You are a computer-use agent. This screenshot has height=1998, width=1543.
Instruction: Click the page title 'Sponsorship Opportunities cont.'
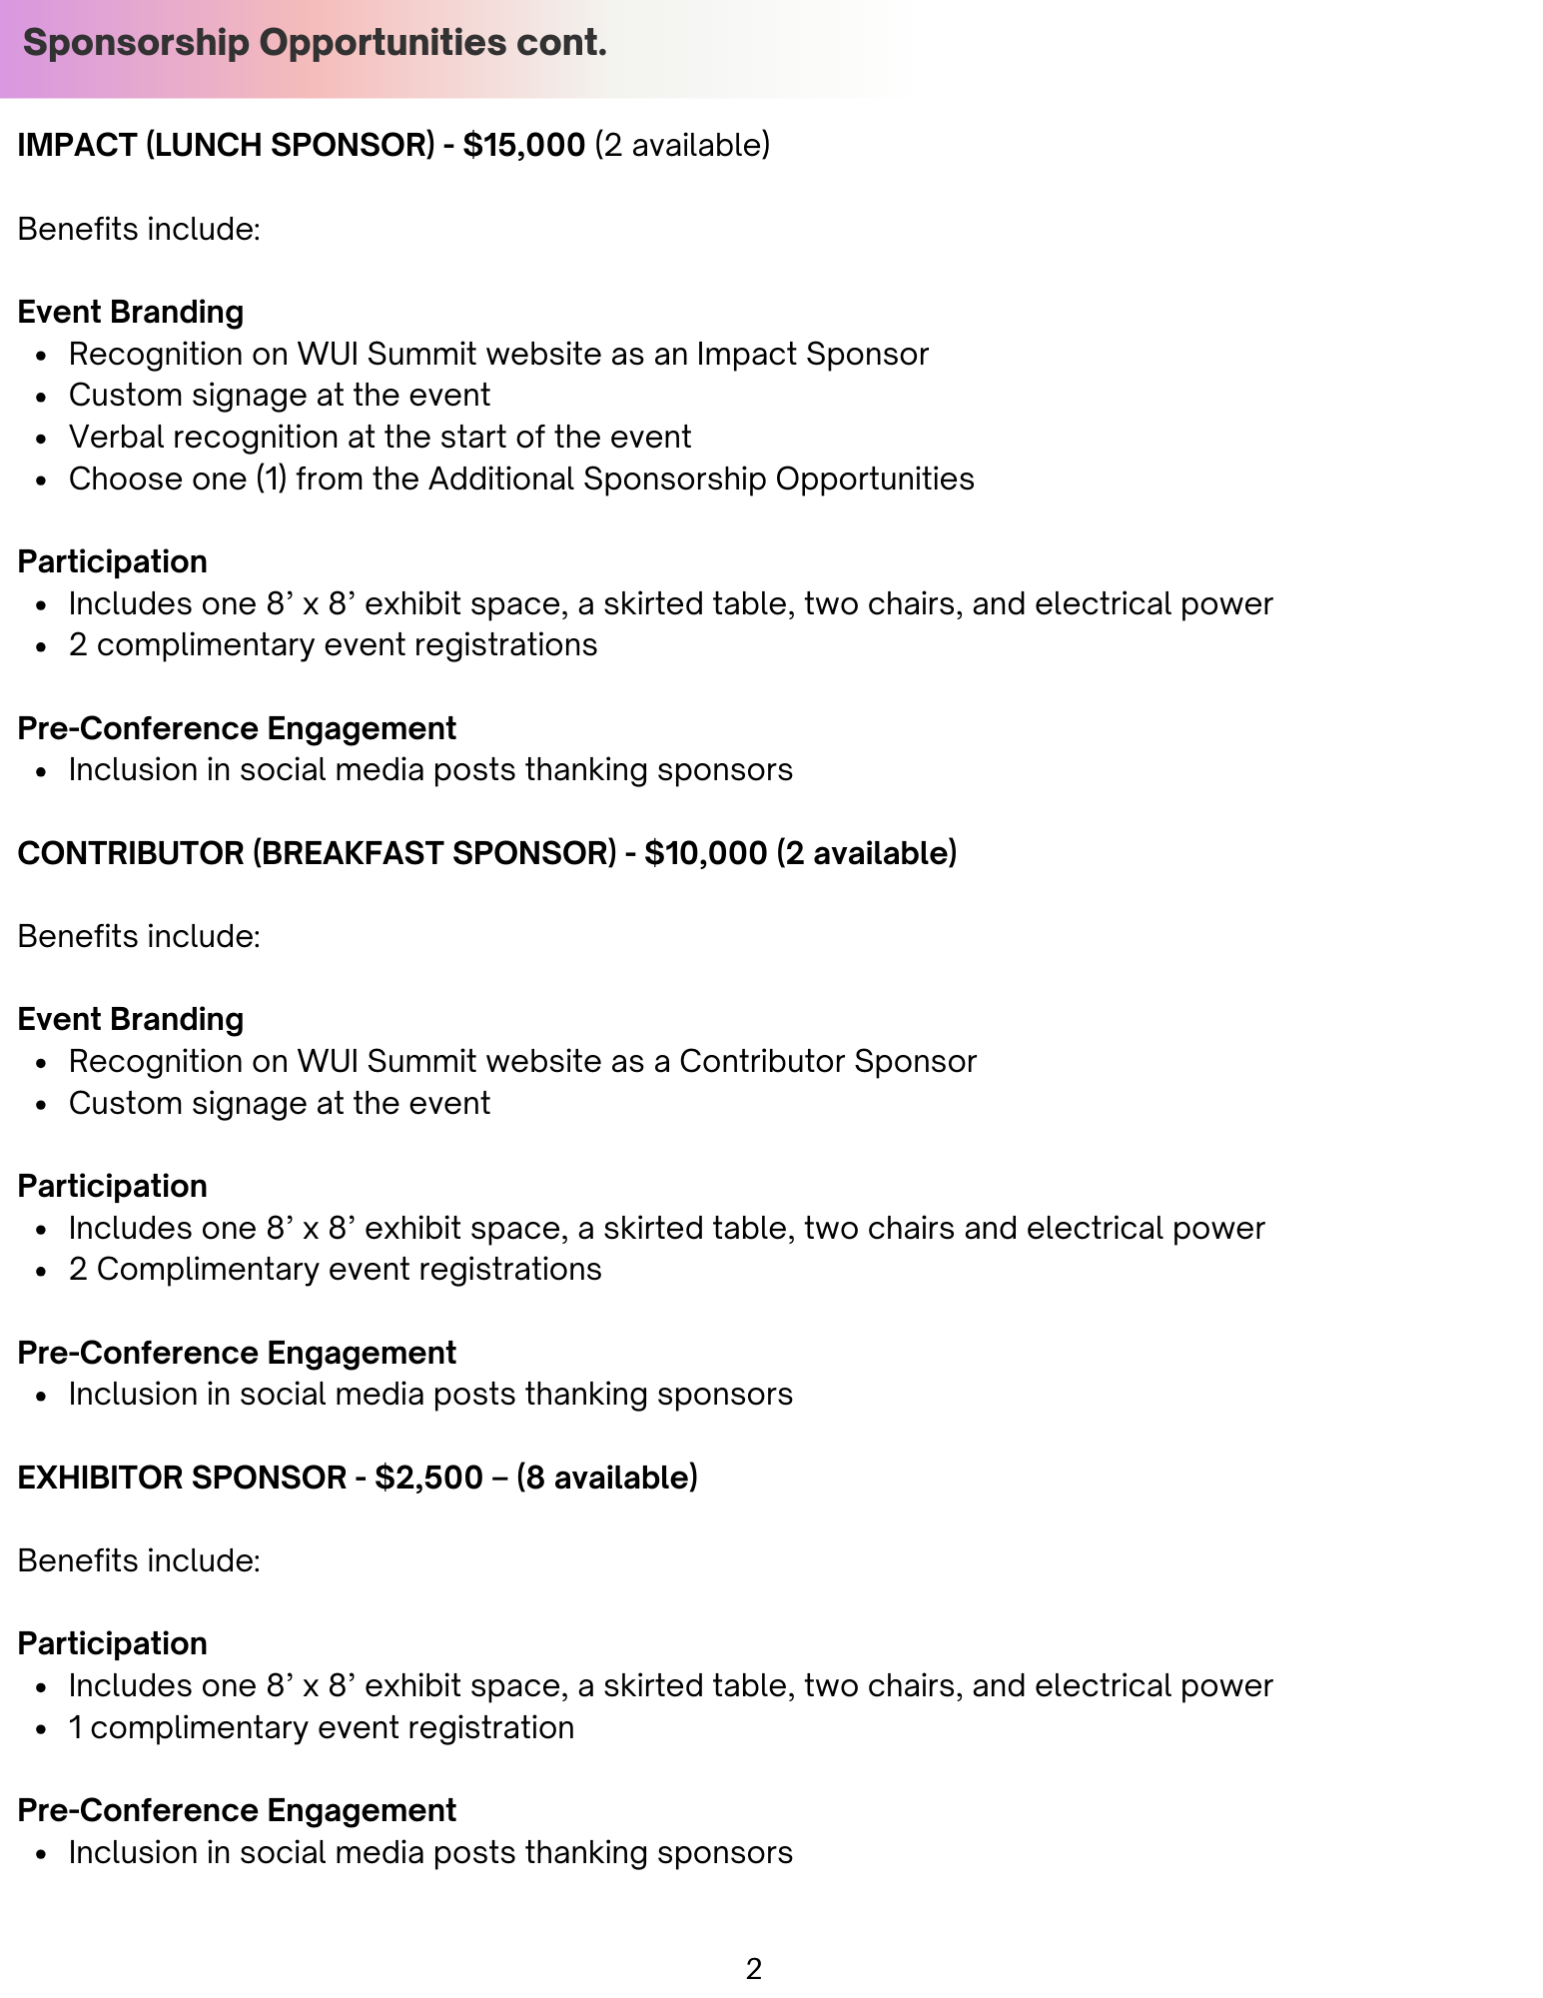pos(315,43)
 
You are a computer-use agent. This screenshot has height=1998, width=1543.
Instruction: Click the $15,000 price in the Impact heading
pos(523,146)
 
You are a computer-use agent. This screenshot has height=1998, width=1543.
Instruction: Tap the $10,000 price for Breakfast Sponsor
pos(705,853)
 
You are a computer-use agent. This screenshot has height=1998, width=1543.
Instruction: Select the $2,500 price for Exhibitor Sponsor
pos(428,1478)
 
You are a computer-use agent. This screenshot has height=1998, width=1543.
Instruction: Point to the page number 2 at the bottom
pos(754,1969)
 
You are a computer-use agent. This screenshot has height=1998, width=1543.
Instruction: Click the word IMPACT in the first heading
pos(77,146)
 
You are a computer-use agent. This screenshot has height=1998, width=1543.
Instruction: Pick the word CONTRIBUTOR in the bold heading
pos(129,853)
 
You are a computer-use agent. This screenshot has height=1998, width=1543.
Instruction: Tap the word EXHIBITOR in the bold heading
pos(99,1478)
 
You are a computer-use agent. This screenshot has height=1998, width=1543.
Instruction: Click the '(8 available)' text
pos(606,1478)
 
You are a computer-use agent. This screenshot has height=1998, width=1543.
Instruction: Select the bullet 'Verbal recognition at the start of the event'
pos(380,438)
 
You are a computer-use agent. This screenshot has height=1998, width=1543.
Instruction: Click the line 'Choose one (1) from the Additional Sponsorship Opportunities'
pos(520,480)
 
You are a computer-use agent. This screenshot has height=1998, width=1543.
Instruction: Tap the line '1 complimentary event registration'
pos(321,1728)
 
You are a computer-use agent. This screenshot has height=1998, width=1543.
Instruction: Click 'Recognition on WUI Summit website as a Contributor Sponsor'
pos(521,1062)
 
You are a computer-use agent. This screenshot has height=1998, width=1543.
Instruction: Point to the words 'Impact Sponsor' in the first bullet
pos(812,355)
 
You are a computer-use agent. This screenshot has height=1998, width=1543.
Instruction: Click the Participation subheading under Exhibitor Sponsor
pos(112,1644)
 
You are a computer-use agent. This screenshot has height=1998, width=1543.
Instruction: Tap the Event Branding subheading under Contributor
pos(130,1020)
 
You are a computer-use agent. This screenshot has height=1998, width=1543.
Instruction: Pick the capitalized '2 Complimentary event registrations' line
pos(335,1270)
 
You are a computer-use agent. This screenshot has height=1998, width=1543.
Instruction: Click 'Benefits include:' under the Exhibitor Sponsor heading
pos(139,1561)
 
